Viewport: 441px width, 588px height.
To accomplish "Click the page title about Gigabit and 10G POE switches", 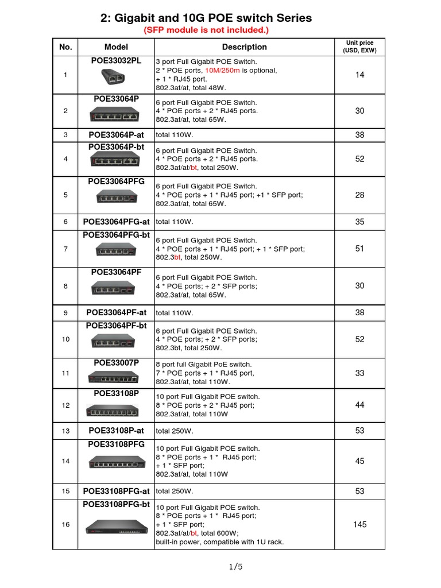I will click(206, 18).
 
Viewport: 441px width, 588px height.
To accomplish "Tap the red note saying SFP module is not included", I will click(206, 30).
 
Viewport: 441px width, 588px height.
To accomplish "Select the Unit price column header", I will click(359, 47).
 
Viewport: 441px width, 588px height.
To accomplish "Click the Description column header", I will click(244, 47).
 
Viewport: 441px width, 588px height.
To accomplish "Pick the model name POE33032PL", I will click(116, 61).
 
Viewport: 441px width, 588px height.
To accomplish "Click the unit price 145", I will click(360, 524).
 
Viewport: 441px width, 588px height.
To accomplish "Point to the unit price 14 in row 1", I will click(360, 75).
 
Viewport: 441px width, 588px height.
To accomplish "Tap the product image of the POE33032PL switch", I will click(116, 76).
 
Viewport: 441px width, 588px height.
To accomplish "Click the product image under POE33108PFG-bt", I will click(115, 527).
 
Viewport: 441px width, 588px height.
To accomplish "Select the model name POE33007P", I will click(116, 363).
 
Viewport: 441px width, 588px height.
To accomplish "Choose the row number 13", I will click(65, 431).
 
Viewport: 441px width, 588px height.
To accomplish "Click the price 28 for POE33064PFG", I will click(360, 195).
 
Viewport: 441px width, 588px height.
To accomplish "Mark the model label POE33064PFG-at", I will click(116, 222).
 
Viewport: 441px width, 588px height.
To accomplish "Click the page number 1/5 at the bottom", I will click(235, 567).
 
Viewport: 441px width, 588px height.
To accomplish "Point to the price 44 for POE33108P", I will click(360, 405).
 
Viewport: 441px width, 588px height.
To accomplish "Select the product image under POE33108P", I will click(113, 411).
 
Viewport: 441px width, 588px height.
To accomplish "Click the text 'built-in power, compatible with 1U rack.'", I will click(219, 542).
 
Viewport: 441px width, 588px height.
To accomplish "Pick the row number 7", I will click(65, 249).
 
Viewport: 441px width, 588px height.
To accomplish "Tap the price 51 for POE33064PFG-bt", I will click(360, 249).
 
